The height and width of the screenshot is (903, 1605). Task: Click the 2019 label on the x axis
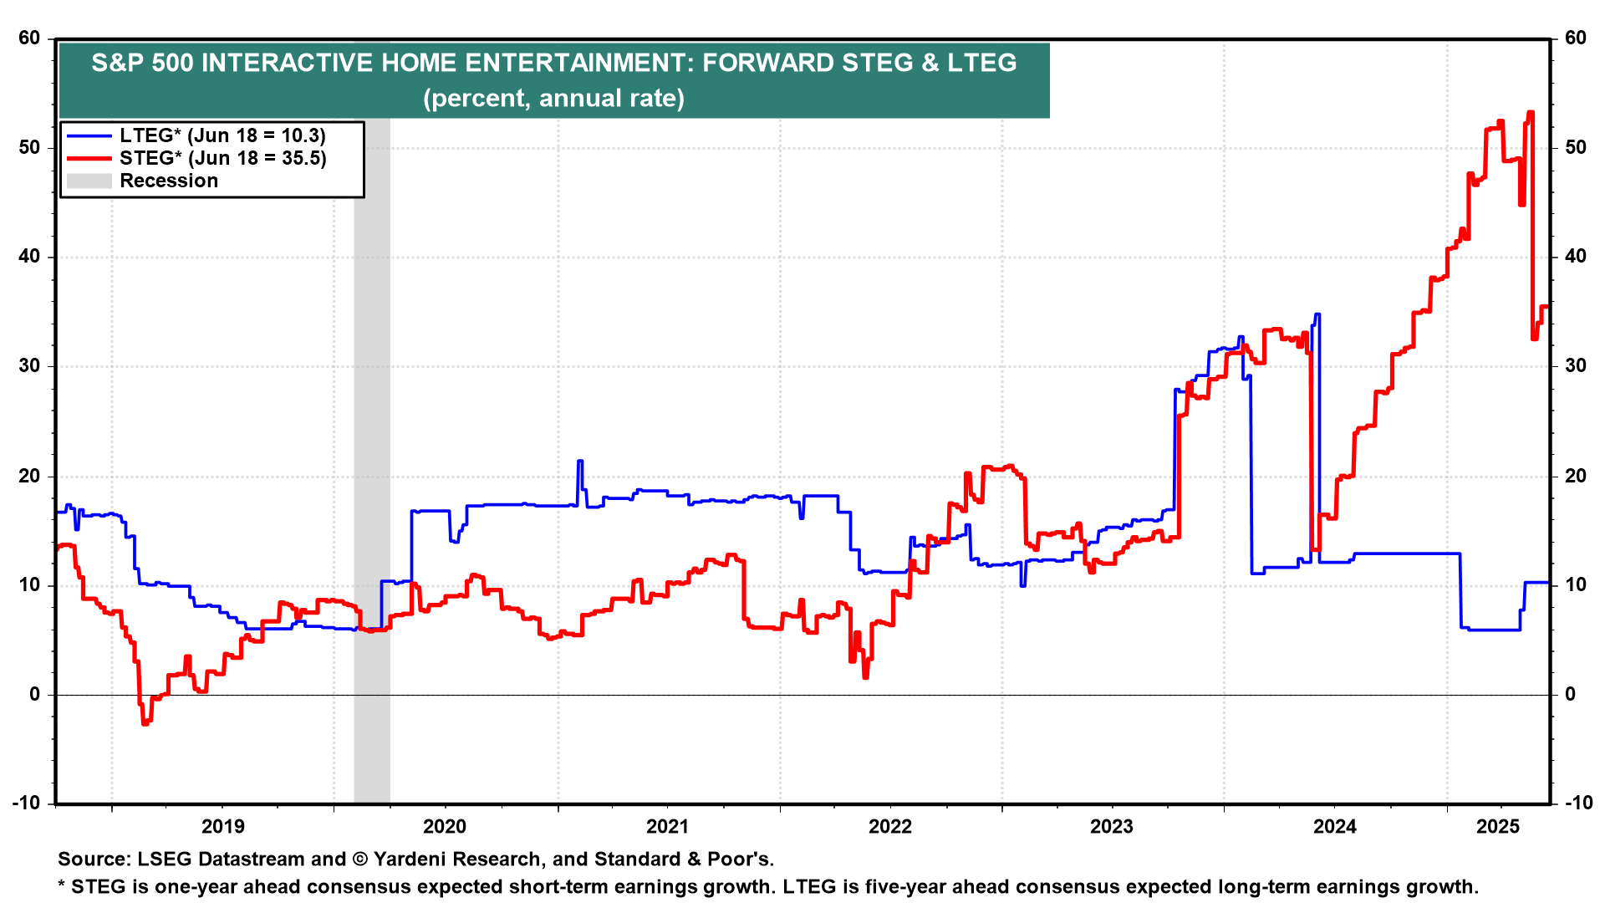[x=223, y=827]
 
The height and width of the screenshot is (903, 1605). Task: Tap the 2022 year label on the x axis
[x=889, y=827]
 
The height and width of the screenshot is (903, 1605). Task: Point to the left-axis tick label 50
[x=29, y=148]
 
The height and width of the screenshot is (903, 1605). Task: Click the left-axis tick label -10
[x=26, y=803]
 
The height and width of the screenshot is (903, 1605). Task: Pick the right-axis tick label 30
[x=1576, y=366]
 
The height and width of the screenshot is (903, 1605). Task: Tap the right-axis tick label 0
[x=1570, y=694]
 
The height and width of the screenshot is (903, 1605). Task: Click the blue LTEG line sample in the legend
[x=89, y=135]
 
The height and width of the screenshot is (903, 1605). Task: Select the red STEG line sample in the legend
[x=89, y=158]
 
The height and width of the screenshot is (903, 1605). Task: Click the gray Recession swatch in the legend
[x=89, y=181]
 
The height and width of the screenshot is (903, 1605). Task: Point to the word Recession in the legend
[x=169, y=181]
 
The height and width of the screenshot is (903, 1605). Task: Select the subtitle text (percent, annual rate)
[x=553, y=98]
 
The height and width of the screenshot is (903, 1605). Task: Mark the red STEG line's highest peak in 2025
[x=1531, y=112]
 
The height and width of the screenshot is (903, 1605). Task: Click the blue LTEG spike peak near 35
[x=1317, y=314]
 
